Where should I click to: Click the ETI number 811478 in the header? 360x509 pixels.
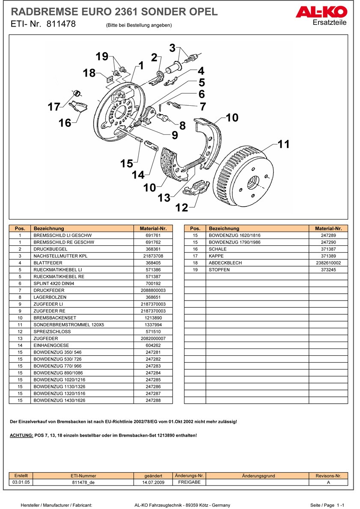click(61, 24)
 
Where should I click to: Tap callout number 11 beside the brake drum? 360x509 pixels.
click(283, 144)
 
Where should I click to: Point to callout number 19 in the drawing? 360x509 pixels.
click(102, 57)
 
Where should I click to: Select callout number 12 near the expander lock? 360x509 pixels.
click(182, 208)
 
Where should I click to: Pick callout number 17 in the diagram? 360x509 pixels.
click(54, 107)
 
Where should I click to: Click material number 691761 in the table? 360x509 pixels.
click(153, 235)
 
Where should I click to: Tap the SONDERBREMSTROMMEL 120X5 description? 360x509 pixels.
click(68, 324)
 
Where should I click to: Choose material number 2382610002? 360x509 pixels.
click(328, 263)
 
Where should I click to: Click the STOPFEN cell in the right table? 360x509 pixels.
click(219, 270)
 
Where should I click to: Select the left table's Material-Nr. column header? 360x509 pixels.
click(153, 229)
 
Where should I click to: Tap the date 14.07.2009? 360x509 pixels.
click(153, 482)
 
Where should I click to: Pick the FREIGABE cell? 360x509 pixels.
click(189, 482)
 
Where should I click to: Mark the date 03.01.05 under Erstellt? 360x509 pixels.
click(21, 482)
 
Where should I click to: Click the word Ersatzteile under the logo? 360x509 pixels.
click(330, 23)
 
